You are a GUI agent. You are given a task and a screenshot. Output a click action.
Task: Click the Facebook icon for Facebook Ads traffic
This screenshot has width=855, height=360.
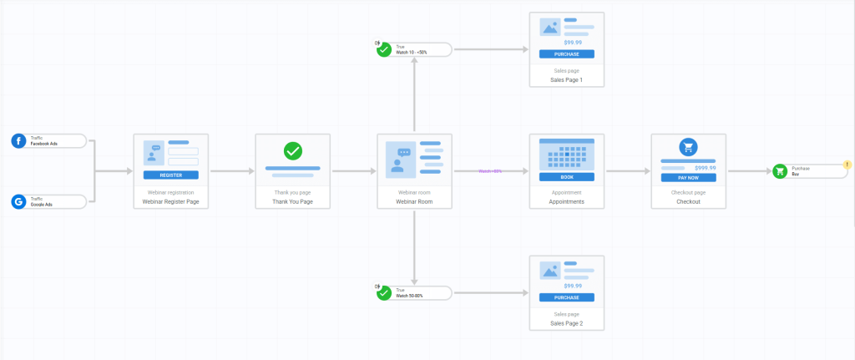click(x=18, y=140)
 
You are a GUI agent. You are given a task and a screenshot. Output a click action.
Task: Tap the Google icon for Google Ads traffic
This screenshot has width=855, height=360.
click(x=18, y=201)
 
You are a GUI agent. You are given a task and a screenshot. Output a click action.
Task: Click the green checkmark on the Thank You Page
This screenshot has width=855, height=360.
click(x=293, y=151)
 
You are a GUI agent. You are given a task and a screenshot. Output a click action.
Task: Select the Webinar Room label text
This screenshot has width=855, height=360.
click(x=414, y=201)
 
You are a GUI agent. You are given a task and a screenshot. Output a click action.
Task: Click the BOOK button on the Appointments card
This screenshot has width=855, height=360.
click(x=566, y=176)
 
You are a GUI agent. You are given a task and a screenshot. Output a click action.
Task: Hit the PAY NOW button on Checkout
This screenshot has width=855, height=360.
click(x=688, y=177)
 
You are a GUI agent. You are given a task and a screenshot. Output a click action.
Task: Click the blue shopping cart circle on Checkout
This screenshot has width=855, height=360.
click(x=688, y=147)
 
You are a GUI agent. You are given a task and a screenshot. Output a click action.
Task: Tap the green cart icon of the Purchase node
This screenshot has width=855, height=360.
click(x=780, y=171)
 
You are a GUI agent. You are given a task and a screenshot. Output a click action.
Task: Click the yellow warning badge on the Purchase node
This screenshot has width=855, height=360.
click(x=847, y=165)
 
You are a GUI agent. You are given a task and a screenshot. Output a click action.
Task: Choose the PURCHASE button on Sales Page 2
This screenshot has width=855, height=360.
click(x=566, y=297)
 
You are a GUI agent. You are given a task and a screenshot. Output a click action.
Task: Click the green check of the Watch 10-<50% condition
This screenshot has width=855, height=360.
click(x=384, y=49)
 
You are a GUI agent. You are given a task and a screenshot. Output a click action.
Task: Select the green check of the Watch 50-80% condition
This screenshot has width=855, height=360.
click(x=384, y=293)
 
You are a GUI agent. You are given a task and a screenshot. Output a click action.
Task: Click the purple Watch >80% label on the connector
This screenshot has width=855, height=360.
click(x=490, y=171)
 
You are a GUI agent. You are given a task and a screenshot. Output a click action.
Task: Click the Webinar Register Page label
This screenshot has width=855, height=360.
click(x=170, y=201)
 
